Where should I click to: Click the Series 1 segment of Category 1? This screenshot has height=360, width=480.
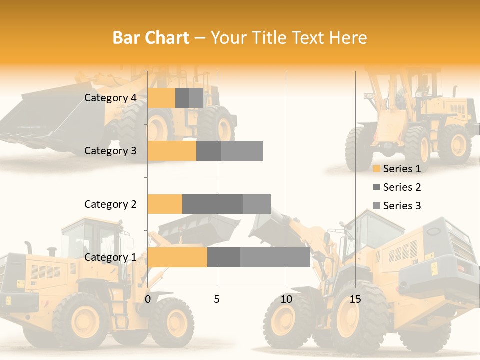(x=177, y=257)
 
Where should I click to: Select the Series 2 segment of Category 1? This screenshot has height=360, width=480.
(x=224, y=257)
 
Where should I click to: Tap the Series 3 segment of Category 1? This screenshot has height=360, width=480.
(x=275, y=257)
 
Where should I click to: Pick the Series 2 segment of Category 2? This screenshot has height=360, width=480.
(x=213, y=204)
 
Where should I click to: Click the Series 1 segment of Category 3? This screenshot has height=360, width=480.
(x=172, y=151)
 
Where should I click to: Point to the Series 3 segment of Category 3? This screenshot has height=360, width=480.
(x=242, y=151)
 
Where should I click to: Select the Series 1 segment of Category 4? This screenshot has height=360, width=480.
(x=161, y=98)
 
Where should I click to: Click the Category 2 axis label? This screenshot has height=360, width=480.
(x=110, y=204)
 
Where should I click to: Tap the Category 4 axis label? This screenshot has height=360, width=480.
(x=110, y=98)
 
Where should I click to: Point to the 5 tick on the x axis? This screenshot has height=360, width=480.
(x=217, y=299)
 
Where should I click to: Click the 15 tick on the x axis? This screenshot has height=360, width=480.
(x=355, y=299)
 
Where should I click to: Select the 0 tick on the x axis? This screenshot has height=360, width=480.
(x=148, y=299)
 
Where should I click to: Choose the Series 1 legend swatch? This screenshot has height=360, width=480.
(x=376, y=169)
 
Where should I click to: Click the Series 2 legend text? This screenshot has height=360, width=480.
(x=402, y=187)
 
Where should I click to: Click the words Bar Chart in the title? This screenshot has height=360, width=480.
(x=151, y=38)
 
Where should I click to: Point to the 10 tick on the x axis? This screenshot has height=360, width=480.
(x=286, y=299)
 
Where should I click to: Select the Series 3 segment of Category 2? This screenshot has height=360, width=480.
(x=257, y=204)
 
